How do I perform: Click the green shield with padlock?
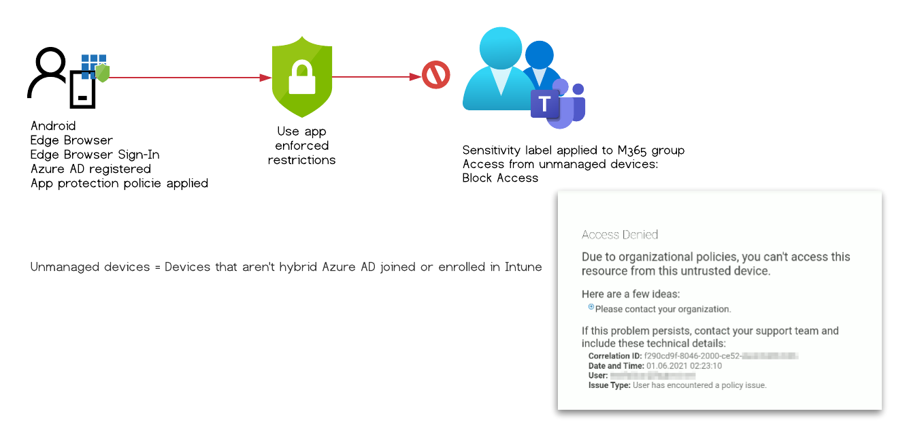click(301, 77)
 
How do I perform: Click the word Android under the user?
click(53, 126)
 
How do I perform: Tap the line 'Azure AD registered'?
click(90, 169)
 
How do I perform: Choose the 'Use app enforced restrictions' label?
click(301, 146)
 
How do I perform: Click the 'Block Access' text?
click(500, 178)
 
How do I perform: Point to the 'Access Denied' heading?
click(620, 235)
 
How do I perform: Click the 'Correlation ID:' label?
click(614, 356)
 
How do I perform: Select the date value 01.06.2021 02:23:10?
click(684, 366)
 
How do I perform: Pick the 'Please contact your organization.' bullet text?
click(663, 309)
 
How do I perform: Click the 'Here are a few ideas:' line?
click(631, 294)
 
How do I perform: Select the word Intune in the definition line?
click(523, 267)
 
